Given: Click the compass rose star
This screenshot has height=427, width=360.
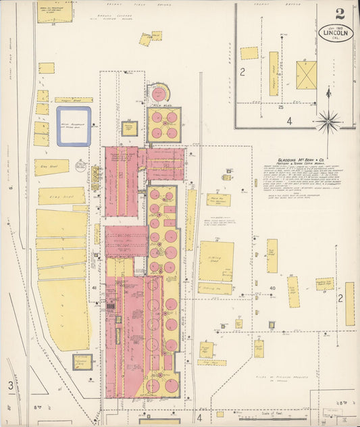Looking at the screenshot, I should pyautogui.click(x=328, y=122).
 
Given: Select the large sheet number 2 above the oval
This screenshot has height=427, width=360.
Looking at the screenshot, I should pyautogui.click(x=339, y=13).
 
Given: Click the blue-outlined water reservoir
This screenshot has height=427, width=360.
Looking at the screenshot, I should pyautogui.click(x=74, y=126).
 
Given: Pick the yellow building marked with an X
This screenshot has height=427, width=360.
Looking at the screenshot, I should pyautogui.click(x=306, y=75).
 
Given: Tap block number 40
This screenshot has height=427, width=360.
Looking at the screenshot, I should pyautogui.click(x=273, y=288).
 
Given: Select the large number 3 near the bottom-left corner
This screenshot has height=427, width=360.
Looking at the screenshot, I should pyautogui.click(x=11, y=386).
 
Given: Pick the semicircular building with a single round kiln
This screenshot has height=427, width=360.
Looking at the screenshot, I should pyautogui.click(x=160, y=93).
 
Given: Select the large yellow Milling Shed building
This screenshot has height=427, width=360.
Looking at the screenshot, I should pyautogui.click(x=216, y=261).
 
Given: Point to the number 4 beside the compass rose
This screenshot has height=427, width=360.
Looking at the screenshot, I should pyautogui.click(x=288, y=122).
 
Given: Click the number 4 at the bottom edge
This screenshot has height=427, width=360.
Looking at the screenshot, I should pyautogui.click(x=199, y=417).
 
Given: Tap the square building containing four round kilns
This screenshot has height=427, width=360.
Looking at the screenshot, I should pyautogui.click(x=164, y=124).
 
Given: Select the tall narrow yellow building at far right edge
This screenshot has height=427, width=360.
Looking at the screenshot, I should pyautogui.click(x=349, y=303).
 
